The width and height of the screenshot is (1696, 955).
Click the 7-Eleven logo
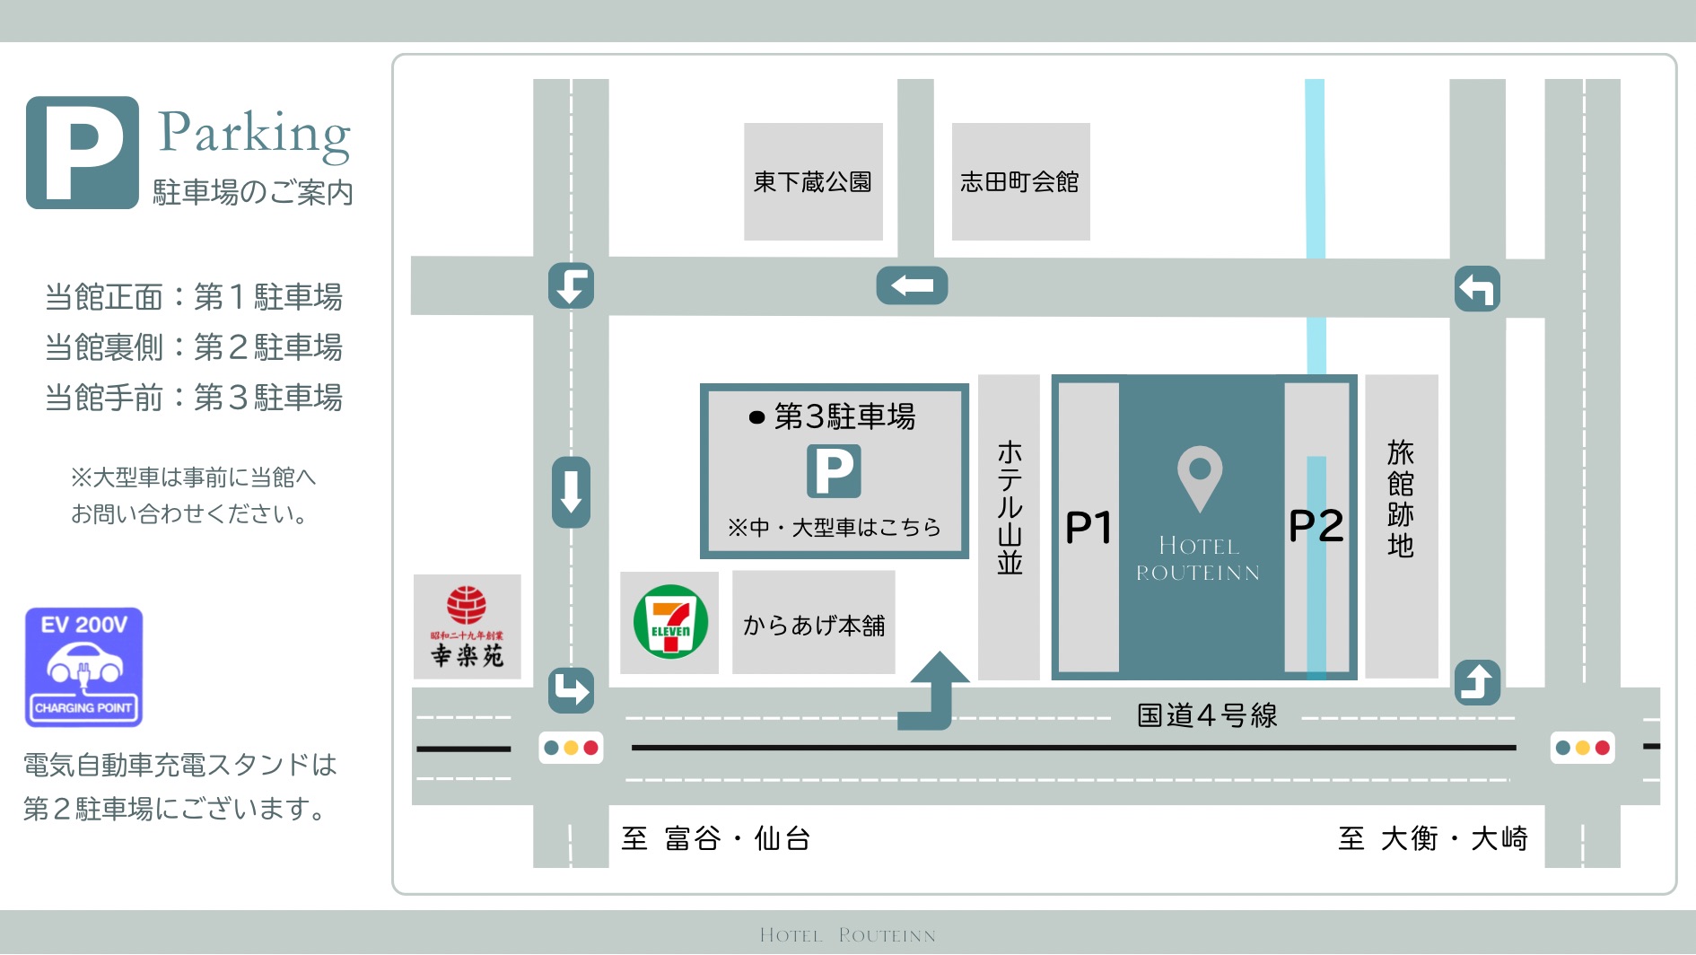coord(669,622)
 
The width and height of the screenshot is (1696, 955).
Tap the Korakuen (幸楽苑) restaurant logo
coord(467,626)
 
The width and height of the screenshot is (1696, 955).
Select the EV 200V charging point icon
coord(83,667)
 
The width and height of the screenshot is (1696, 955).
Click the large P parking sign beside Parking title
coord(83,153)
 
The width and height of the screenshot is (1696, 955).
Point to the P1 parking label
coord(1088,528)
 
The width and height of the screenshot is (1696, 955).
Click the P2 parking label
coord(1316,526)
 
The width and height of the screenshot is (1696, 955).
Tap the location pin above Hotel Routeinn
coord(1200,476)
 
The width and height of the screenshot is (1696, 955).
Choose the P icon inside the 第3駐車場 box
coord(834,471)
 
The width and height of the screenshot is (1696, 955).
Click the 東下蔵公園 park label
coord(813,182)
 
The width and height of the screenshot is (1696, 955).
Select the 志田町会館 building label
coord(1020,182)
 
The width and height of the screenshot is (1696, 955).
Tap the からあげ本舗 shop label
coord(814,625)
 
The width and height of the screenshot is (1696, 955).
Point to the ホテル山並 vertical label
coord(1010,507)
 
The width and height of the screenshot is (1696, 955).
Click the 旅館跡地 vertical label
coord(1401,499)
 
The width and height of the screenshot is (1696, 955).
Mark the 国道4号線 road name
coord(1207,715)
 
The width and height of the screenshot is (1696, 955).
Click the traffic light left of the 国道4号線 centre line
coord(571,748)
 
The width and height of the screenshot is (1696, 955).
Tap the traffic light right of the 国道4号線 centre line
coord(1583,748)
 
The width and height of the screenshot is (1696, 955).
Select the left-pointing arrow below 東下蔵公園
coord(912,285)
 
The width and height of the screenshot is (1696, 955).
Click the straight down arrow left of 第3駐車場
coord(571,492)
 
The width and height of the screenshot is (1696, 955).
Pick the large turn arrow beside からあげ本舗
coord(934,691)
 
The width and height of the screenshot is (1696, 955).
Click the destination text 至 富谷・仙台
coord(716,838)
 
